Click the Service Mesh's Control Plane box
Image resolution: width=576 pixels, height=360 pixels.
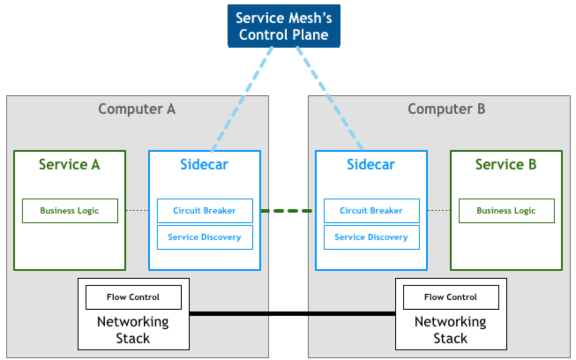[x=284, y=26]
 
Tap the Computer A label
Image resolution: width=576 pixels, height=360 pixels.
[x=137, y=109]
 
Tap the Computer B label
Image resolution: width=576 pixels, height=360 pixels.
[x=446, y=109]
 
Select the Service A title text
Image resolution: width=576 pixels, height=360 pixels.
[x=69, y=165]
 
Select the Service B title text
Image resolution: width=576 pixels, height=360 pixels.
[x=506, y=165]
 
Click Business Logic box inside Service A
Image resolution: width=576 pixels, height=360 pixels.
[x=70, y=211]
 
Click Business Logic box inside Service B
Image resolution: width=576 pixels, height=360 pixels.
[x=506, y=211]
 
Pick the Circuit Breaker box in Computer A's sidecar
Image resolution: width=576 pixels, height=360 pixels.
[x=205, y=211]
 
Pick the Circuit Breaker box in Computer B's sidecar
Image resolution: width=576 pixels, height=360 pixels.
[x=371, y=211]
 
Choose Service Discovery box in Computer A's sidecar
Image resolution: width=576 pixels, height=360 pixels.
[x=205, y=237]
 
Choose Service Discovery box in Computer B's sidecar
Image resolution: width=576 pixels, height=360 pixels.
[x=371, y=237]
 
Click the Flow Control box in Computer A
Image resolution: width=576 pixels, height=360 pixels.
[x=133, y=297]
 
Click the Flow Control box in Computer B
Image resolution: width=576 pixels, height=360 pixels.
[x=451, y=297]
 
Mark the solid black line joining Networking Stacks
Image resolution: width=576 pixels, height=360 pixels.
[x=292, y=314]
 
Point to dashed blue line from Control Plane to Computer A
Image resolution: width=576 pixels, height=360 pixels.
[x=242, y=99]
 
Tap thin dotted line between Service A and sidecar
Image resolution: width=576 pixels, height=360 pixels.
[x=138, y=211]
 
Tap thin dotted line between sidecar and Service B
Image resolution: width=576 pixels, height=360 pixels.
[x=439, y=211]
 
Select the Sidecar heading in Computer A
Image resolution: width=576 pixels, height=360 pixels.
[x=204, y=165]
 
